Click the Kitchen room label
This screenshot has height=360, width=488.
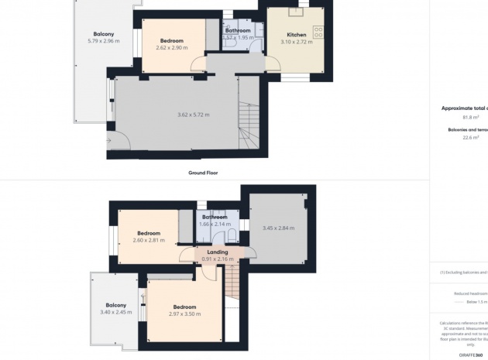pos(296,35)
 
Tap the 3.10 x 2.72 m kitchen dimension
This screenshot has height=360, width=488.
pos(296,42)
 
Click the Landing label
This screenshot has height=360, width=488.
pos(217,252)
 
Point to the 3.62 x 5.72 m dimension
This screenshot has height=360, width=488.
pos(193,115)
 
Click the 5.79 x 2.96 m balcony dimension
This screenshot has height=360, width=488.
pos(104,41)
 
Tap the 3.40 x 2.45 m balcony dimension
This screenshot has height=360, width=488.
pos(116,312)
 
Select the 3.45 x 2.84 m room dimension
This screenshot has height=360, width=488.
pos(278,228)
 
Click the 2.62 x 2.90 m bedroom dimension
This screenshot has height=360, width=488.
pos(171,48)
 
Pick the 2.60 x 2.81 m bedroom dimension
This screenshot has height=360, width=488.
pos(148,240)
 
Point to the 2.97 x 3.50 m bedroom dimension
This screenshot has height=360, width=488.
pos(184,314)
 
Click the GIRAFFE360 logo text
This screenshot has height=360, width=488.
pos(470,354)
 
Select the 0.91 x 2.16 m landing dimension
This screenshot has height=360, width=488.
pos(217,259)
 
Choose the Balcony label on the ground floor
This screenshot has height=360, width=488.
pos(104,34)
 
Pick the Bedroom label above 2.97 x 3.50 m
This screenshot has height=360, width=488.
pos(184,307)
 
